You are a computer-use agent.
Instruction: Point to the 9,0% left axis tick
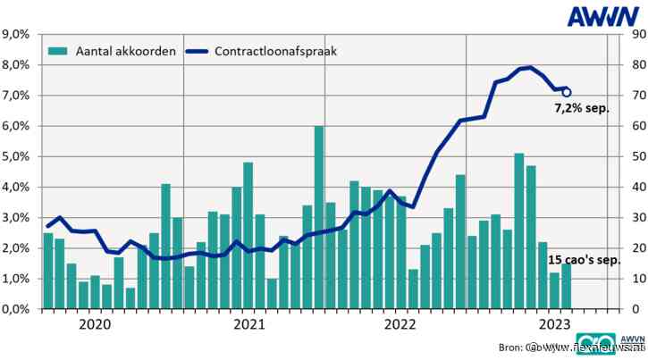[x=18, y=35]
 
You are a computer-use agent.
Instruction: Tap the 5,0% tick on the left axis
[x=18, y=157]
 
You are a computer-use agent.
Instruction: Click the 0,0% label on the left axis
[x=18, y=309]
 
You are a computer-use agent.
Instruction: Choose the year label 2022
[x=404, y=325]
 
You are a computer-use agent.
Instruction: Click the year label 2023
[x=555, y=325]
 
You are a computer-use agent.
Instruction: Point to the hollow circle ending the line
[x=567, y=92]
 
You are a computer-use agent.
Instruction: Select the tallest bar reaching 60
[x=319, y=217]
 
